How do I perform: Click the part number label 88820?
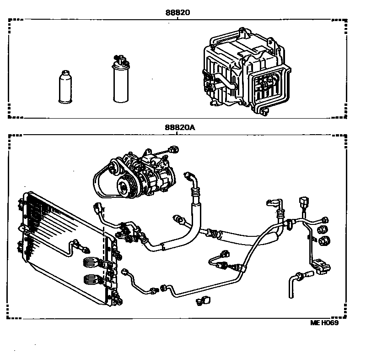pos(178,13)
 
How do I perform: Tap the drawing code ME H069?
pos(324,322)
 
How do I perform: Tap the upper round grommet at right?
pos(323,229)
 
